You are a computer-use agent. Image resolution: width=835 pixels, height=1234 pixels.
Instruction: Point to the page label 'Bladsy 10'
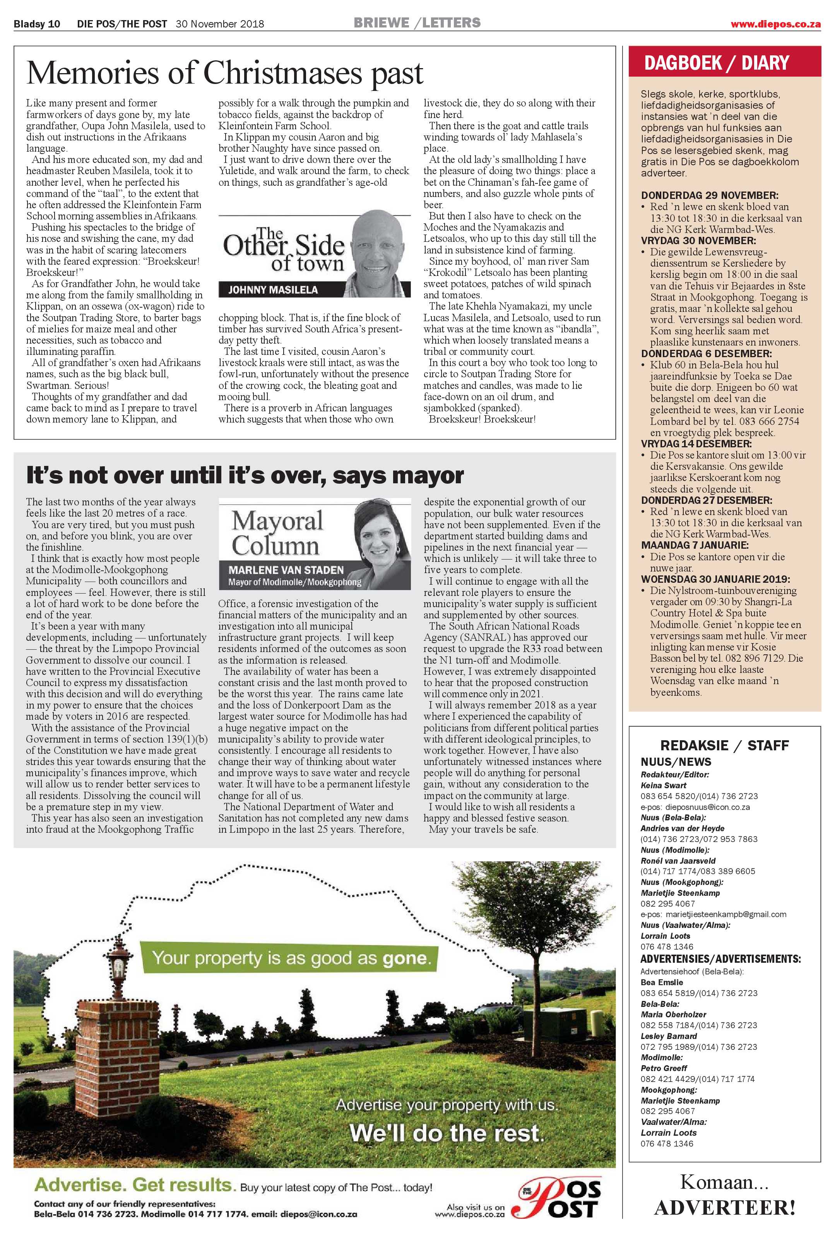coord(37,24)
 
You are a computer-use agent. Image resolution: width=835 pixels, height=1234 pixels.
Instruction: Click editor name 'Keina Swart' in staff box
coord(664,785)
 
